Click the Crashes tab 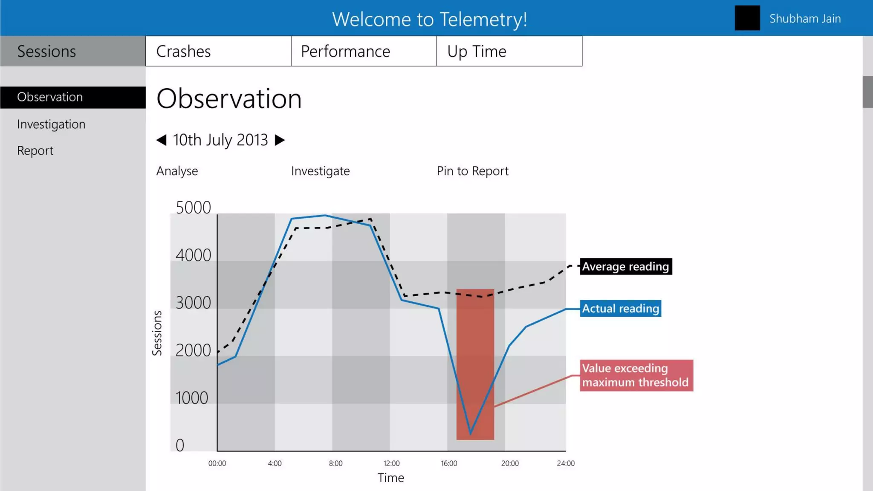pyautogui.click(x=218, y=51)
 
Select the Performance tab pyautogui.click(x=363, y=51)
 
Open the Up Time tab pyautogui.click(x=509, y=51)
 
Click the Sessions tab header pyautogui.click(x=72, y=51)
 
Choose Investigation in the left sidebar pyautogui.click(x=51, y=124)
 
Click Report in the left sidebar pyautogui.click(x=35, y=150)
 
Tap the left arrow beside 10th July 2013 pyautogui.click(x=161, y=140)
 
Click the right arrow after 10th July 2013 pyautogui.click(x=280, y=140)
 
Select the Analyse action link pyautogui.click(x=177, y=171)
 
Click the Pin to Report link pyautogui.click(x=472, y=171)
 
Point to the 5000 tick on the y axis pyautogui.click(x=193, y=208)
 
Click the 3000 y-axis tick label pyautogui.click(x=193, y=303)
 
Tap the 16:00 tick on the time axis pyautogui.click(x=449, y=463)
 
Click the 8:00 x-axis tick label pyautogui.click(x=335, y=463)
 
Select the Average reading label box pyautogui.click(x=625, y=266)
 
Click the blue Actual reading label pyautogui.click(x=620, y=308)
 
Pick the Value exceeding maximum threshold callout pyautogui.click(x=636, y=375)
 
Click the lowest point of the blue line pyautogui.click(x=471, y=434)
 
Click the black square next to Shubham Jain pyautogui.click(x=747, y=18)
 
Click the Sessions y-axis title pyautogui.click(x=157, y=333)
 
